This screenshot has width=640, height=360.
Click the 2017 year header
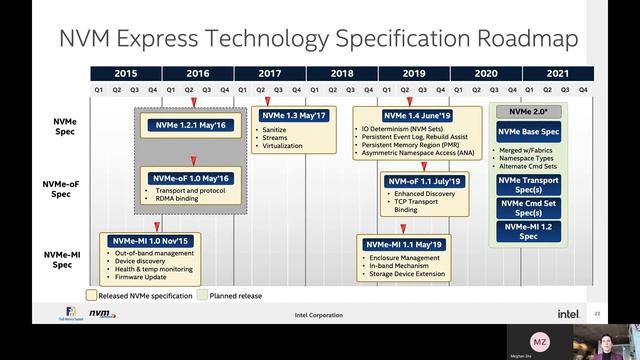[x=270, y=74]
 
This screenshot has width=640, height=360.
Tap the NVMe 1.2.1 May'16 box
[x=189, y=124]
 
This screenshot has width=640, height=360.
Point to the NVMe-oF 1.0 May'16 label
[x=188, y=177]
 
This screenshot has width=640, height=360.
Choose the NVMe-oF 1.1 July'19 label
[x=424, y=181]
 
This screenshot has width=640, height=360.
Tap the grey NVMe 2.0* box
[x=534, y=112]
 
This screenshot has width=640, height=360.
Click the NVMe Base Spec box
[x=534, y=131]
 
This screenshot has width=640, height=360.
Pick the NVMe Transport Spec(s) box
[x=534, y=185]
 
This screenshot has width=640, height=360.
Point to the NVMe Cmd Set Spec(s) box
[x=534, y=208]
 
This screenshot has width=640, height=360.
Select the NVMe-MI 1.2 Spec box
[x=534, y=231]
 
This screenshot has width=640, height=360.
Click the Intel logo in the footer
[x=567, y=313]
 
